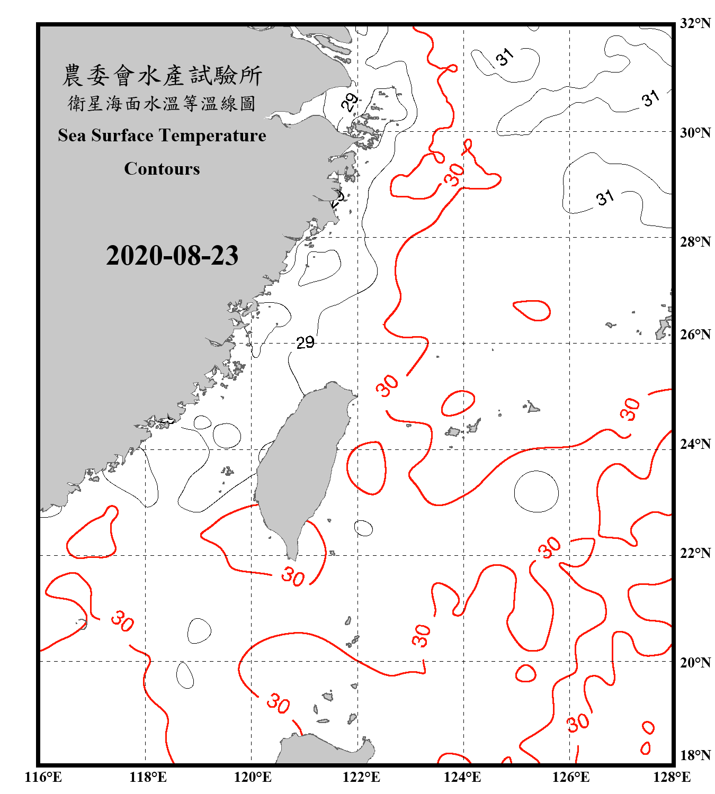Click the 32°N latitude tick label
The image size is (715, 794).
[695, 23]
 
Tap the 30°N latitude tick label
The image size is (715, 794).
[695, 132]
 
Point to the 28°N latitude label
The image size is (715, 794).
[695, 242]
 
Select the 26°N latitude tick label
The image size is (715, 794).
[695, 335]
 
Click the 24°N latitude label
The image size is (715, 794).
[695, 444]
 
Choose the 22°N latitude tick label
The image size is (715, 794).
[695, 553]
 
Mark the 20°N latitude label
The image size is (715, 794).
[695, 662]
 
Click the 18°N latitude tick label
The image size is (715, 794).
[695, 755]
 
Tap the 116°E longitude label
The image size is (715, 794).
[43, 777]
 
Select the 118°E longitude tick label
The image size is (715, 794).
[148, 777]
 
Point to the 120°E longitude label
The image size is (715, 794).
[253, 777]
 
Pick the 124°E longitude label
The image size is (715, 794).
[462, 777]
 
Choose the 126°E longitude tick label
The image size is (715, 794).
[570, 777]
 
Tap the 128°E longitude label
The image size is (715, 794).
[672, 777]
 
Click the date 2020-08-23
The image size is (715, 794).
[172, 256]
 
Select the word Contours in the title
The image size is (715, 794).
[162, 169]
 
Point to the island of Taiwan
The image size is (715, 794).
[299, 466]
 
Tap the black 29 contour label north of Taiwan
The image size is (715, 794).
[305, 342]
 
